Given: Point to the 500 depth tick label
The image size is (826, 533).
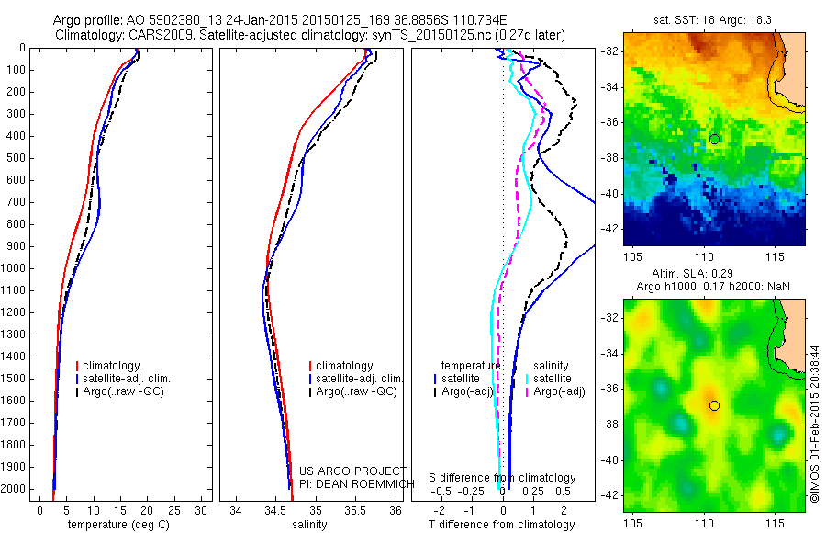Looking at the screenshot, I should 16,158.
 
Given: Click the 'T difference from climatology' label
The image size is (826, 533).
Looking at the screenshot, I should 502,525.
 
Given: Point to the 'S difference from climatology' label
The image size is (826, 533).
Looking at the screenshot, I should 503,479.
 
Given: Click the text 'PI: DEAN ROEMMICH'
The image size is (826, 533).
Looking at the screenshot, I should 353,482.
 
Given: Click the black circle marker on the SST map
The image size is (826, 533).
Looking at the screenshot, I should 714,139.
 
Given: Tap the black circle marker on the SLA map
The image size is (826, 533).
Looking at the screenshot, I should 714,405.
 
